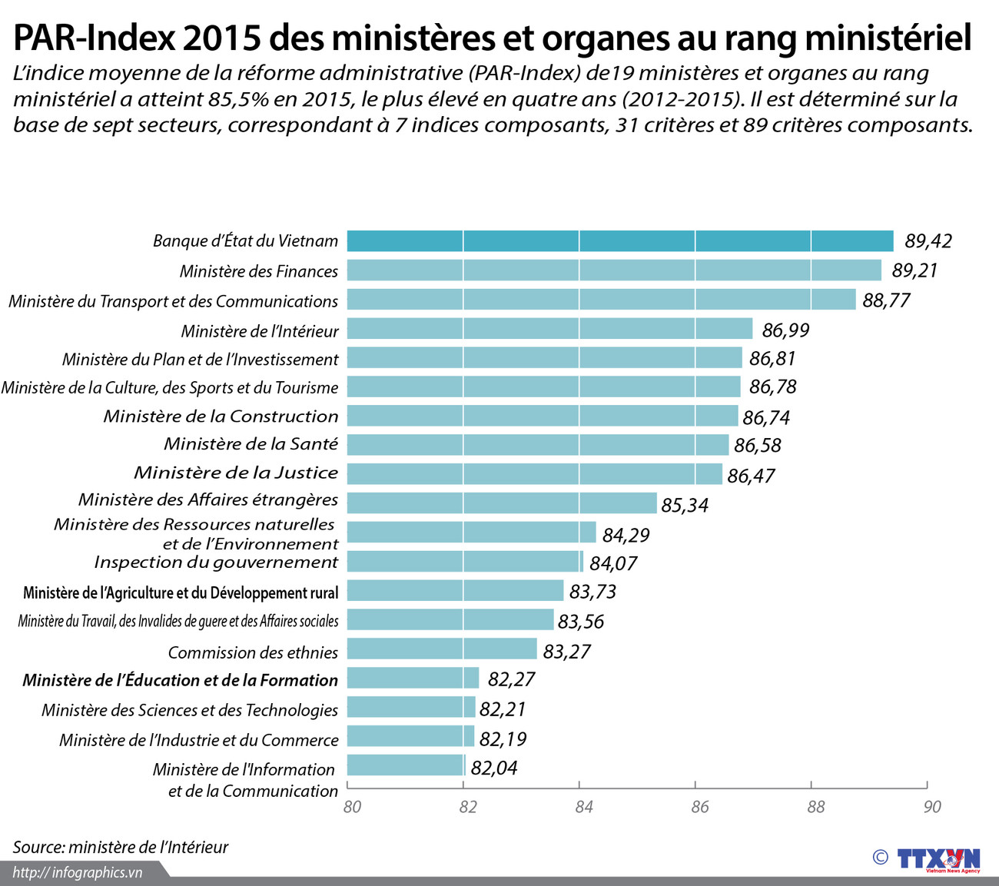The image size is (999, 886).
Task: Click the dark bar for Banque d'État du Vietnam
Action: tap(619, 241)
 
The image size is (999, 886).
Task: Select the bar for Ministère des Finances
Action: tap(613, 270)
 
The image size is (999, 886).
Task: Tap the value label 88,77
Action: tap(885, 300)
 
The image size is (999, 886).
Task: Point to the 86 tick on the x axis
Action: tap(699, 807)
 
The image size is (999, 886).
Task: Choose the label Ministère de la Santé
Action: tap(251, 444)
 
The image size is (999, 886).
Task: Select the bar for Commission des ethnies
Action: tap(441, 649)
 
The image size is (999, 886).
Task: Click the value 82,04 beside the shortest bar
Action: tap(493, 768)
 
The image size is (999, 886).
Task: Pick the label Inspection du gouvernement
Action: tap(215, 562)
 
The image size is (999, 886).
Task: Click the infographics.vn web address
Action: tap(78, 872)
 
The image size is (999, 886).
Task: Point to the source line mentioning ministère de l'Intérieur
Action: tap(120, 847)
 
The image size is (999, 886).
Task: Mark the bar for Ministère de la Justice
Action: tap(534, 474)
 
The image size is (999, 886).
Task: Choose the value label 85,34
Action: tap(684, 505)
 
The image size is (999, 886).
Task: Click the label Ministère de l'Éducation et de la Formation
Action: tap(180, 680)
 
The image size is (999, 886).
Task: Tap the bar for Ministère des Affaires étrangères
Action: tap(501, 503)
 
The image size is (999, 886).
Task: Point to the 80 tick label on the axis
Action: tap(352, 807)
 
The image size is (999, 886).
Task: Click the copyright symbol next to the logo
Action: tap(880, 858)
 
